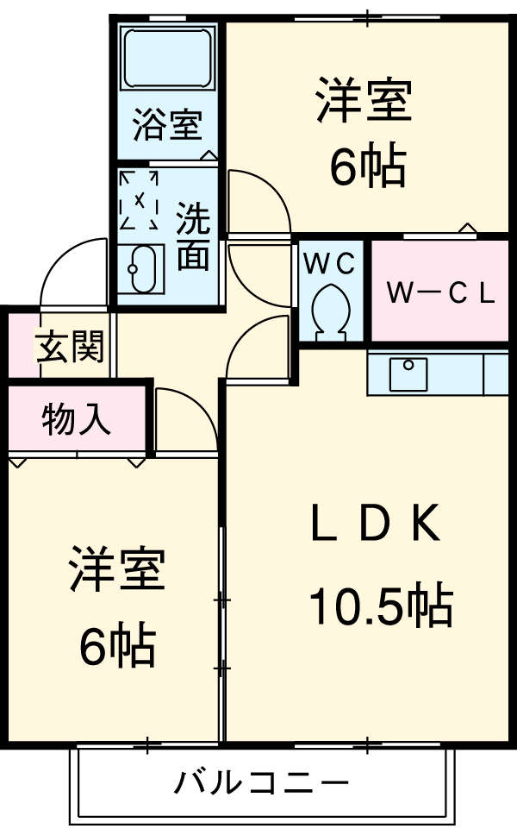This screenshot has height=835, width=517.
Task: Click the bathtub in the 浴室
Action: (167, 59)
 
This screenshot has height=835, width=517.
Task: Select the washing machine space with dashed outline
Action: (140, 200)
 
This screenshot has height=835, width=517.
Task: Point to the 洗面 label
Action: (194, 238)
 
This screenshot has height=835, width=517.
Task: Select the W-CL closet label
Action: (439, 293)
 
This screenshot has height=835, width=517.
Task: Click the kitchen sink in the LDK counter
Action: (408, 373)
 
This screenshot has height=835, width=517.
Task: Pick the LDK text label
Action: (376, 524)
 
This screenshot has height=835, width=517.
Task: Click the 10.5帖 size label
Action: (381, 606)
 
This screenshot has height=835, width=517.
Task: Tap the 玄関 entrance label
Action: (69, 347)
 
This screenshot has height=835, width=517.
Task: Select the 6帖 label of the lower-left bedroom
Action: (117, 645)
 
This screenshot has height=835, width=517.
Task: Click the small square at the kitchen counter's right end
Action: (495, 373)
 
